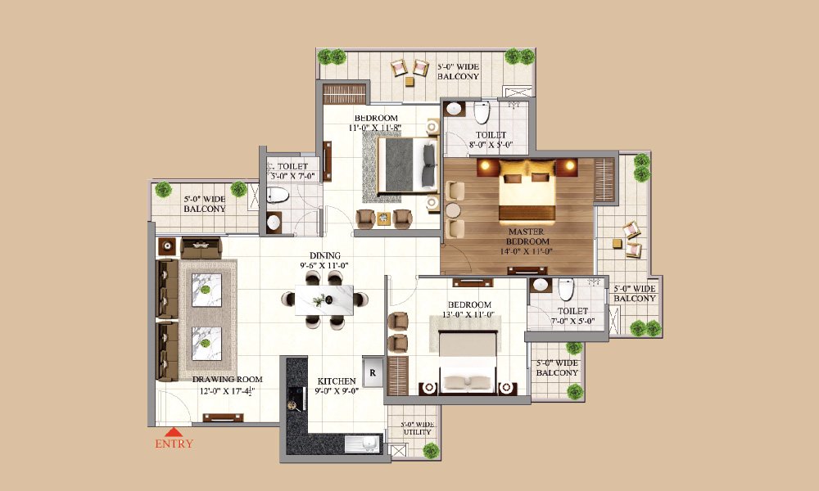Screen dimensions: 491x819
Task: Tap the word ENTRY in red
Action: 174,444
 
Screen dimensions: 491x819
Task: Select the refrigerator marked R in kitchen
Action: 372,372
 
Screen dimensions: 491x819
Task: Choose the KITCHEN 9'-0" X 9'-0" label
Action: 337,386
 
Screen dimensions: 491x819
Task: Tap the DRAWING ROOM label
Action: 227,385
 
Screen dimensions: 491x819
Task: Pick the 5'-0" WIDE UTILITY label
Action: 417,429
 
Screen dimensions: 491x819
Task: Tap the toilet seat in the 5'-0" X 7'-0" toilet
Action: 278,195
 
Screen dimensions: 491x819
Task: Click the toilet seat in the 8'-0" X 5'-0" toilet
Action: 482,112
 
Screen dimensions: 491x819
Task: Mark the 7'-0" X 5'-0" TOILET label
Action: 572,316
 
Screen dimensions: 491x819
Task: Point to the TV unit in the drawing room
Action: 224,417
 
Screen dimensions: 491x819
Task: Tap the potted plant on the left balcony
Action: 238,189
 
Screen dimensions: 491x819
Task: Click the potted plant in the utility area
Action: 431,449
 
